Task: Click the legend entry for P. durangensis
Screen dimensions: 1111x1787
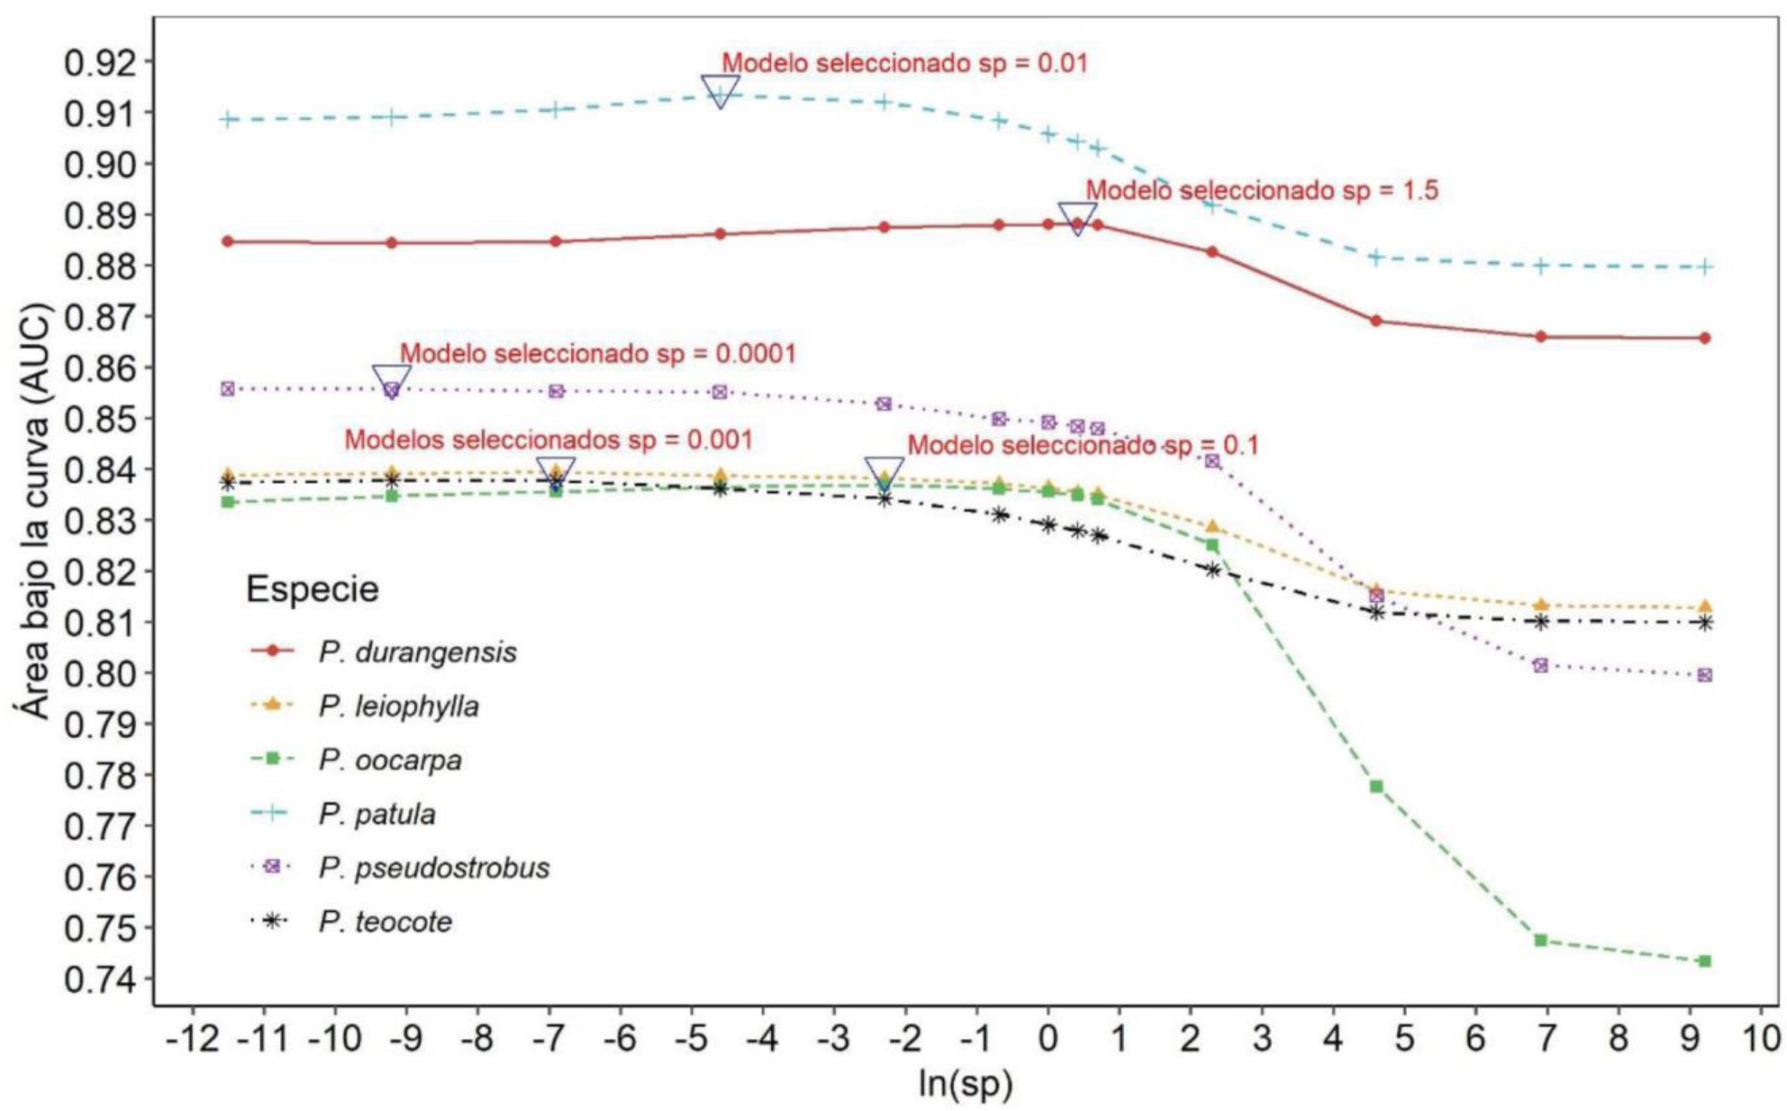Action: click(417, 651)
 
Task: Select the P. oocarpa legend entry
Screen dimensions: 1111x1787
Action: click(389, 760)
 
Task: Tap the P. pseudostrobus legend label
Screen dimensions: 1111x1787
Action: click(433, 868)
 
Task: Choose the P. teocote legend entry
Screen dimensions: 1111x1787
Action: click(385, 922)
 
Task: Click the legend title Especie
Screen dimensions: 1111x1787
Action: click(312, 590)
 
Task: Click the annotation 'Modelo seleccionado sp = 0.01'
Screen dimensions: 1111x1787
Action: click(904, 63)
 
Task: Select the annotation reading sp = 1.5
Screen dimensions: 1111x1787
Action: click(1261, 190)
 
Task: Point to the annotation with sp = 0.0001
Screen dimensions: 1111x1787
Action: click(598, 353)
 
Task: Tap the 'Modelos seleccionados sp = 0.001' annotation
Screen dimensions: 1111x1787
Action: click(549, 440)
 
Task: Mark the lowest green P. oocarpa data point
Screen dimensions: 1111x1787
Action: click(1704, 961)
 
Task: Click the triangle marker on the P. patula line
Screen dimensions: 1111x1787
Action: click(720, 91)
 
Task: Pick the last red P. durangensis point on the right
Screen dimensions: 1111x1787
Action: click(1704, 338)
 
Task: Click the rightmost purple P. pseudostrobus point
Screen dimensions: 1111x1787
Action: click(1704, 675)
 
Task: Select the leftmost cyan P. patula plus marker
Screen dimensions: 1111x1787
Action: click(228, 119)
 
